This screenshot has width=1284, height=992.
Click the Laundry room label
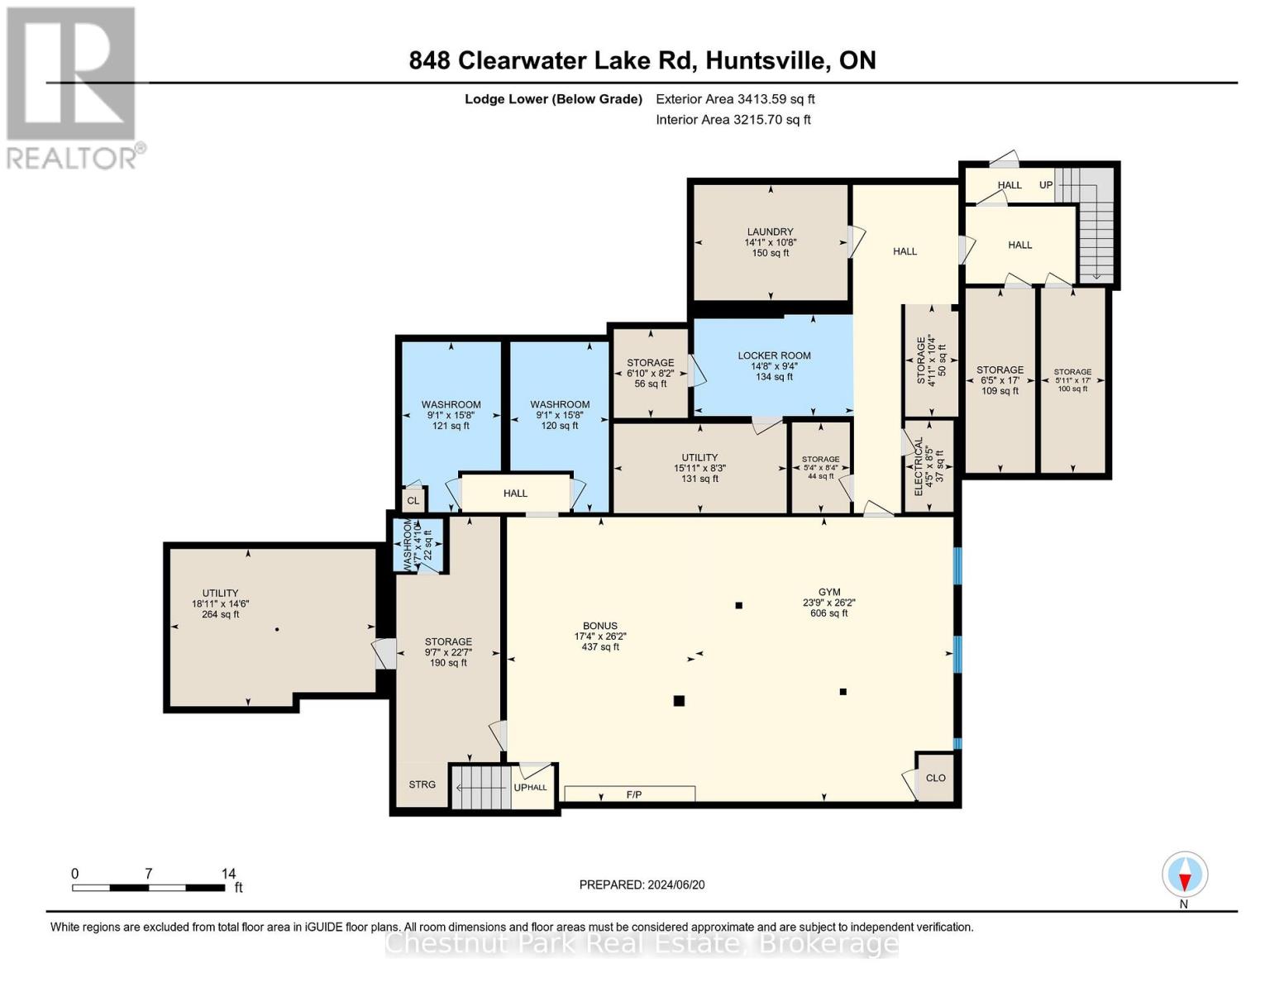point(770,242)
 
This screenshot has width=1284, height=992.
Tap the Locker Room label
point(774,365)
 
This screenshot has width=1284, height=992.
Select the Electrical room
point(928,466)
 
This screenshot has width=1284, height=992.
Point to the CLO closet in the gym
point(935,778)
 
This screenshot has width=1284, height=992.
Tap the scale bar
point(149,888)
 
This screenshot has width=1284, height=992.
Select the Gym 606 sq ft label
point(829,603)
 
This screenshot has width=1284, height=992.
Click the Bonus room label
point(600,636)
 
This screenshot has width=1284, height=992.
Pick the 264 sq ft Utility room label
point(220,603)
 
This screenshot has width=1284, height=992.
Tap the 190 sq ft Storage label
point(448,651)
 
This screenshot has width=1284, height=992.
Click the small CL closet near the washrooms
point(413,501)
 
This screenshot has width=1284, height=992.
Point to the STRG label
point(422,785)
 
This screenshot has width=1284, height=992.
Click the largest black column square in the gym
point(679,701)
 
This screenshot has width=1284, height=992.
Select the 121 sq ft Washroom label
point(451,415)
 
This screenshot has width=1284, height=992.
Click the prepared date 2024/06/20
point(642,885)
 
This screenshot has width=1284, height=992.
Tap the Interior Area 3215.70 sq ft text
point(733,120)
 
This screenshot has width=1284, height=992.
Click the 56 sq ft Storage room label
point(650,373)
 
